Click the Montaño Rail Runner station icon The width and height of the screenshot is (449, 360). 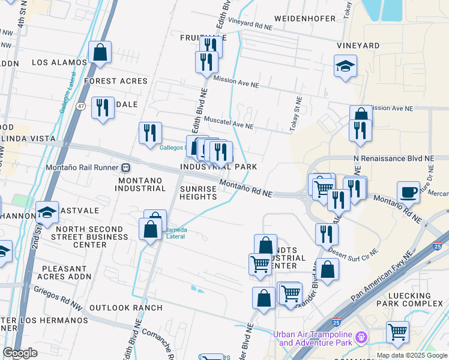tap(126, 167)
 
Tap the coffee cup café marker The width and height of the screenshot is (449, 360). tap(408, 192)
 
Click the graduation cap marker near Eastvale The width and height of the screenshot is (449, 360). tap(47, 212)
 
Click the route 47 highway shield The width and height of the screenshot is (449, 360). tap(81, 106)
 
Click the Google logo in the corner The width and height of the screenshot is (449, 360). tap(20, 353)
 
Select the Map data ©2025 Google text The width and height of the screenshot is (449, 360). tap(412, 355)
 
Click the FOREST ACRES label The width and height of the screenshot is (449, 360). tap(116, 81)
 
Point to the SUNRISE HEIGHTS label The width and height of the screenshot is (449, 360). tap(198, 193)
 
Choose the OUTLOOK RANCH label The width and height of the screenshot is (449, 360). tap(125, 308)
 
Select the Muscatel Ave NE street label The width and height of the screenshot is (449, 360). tap(229, 122)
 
